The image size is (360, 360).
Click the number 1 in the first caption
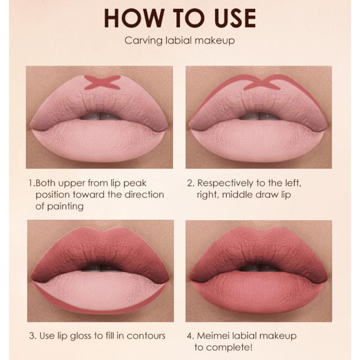(30, 184)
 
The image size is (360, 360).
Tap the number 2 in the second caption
(189, 184)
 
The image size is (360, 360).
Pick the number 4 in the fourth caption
(189, 335)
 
